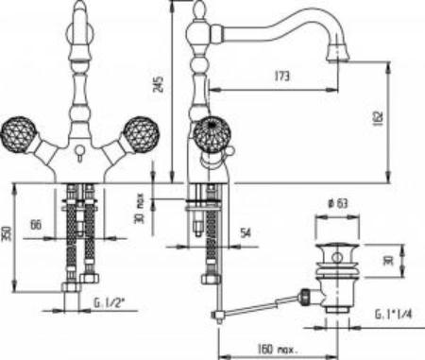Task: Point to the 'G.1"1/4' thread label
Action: tap(394, 313)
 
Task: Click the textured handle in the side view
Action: tap(213, 135)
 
